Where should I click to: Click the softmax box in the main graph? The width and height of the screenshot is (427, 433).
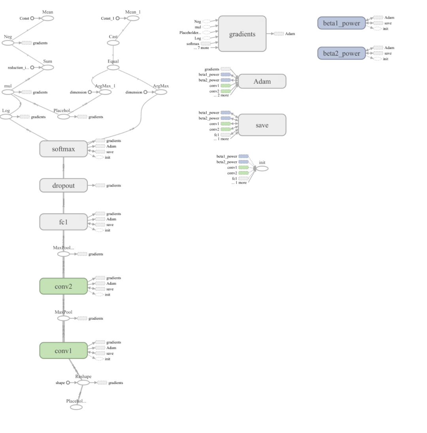click(63, 149)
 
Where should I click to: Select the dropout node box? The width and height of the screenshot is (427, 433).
click(63, 185)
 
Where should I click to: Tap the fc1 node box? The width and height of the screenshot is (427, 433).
click(63, 222)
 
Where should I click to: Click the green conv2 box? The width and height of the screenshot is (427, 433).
click(63, 286)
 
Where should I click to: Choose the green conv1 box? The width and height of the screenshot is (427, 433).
click(63, 350)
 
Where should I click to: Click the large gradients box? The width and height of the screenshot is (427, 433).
click(242, 34)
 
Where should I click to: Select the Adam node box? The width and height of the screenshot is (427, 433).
click(262, 81)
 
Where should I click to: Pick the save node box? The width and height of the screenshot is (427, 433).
click(262, 125)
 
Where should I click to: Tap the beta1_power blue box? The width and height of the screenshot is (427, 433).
click(341, 23)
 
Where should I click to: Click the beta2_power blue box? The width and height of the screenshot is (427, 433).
click(341, 53)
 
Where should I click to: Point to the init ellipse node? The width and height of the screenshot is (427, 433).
click(262, 168)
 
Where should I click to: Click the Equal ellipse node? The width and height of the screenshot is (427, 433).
click(113, 68)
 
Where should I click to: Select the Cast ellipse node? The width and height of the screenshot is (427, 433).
click(113, 43)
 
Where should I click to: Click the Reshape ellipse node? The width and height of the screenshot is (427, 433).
click(83, 382)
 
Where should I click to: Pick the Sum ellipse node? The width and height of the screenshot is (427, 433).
click(47, 68)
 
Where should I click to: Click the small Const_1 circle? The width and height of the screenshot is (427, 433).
click(117, 18)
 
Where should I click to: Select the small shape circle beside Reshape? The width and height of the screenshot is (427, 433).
click(68, 382)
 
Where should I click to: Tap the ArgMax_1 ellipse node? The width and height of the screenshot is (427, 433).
click(106, 92)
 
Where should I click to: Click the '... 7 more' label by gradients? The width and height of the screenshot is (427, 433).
click(201, 48)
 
